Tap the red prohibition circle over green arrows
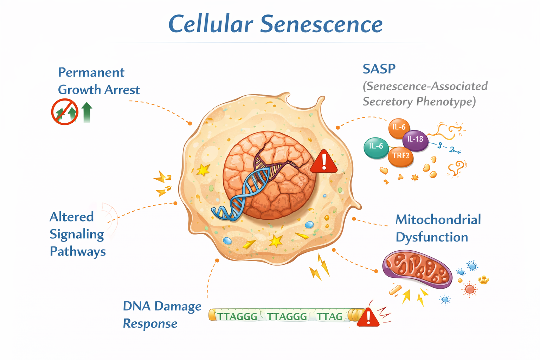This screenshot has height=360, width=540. [x=65, y=111]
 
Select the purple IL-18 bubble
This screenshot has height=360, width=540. [x=415, y=140]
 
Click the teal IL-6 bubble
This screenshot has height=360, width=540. [x=376, y=147]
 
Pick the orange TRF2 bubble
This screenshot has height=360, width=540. [x=400, y=156]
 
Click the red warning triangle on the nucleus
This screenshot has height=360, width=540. [x=323, y=162]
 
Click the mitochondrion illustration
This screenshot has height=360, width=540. [x=417, y=269]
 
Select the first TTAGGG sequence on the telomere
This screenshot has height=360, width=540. [x=238, y=316]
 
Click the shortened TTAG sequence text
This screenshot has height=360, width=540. [x=330, y=316]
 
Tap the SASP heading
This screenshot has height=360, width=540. [x=379, y=69]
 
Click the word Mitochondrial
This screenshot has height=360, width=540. [x=438, y=220]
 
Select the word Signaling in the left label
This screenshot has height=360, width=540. [x=77, y=234]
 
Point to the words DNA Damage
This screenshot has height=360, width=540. [x=162, y=306]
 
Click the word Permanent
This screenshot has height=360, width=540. [x=91, y=72]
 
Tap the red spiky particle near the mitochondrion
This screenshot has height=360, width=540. [x=470, y=289]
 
